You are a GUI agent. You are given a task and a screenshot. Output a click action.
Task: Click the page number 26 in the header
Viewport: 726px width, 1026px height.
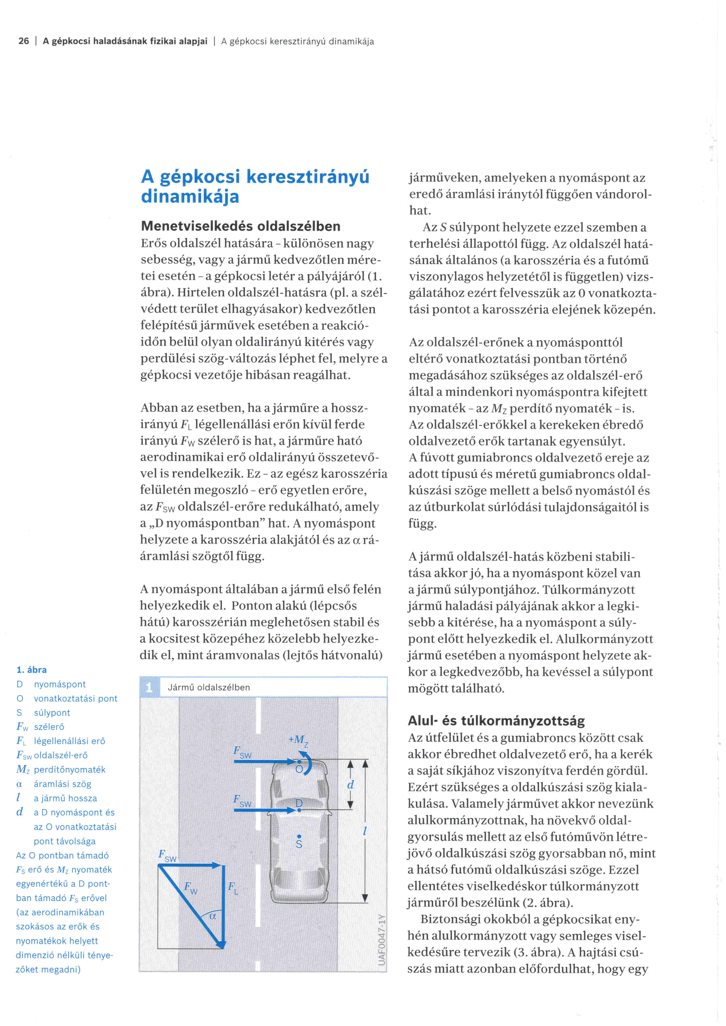(x=24, y=41)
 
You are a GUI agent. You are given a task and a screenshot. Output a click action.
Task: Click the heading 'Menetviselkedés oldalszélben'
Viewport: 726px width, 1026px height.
(x=241, y=226)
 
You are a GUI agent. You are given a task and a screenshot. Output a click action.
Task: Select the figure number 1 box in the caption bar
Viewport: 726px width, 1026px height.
(x=149, y=687)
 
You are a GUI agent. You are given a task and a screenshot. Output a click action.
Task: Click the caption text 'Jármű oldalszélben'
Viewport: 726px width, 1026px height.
(x=209, y=687)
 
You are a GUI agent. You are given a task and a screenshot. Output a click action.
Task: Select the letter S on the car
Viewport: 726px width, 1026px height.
(x=299, y=844)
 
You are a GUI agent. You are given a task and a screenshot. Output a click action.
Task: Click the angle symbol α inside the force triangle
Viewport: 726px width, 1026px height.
(x=213, y=916)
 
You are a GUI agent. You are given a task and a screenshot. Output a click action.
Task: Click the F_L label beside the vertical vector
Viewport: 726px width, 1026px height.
(x=232, y=887)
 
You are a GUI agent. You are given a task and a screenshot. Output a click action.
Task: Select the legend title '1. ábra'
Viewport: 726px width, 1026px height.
(x=31, y=669)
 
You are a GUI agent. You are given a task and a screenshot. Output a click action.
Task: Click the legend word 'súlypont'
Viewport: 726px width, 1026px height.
(x=52, y=712)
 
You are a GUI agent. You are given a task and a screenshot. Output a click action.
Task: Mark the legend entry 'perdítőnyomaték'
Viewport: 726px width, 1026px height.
(x=70, y=769)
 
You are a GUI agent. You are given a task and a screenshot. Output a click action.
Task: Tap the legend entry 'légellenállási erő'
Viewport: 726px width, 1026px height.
(x=70, y=741)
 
